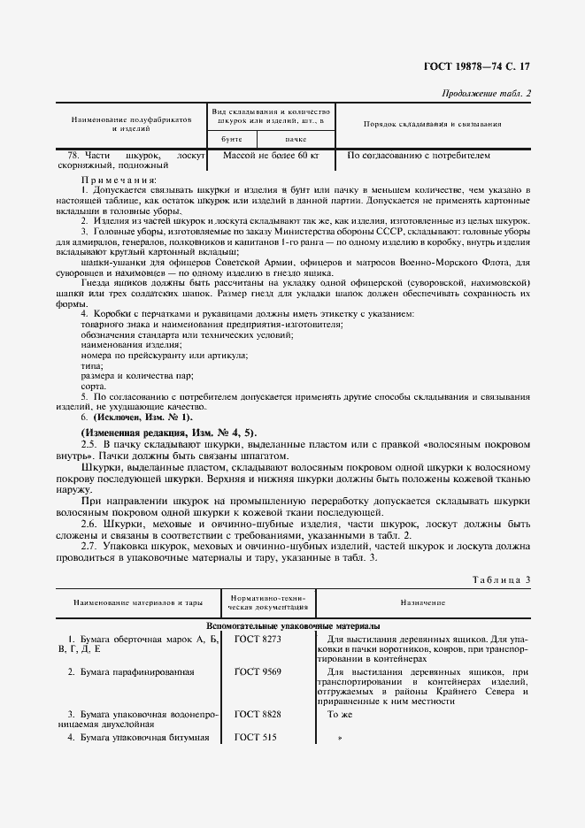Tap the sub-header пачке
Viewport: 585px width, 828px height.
coord(296,139)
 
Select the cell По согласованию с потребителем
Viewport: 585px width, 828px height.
coord(418,156)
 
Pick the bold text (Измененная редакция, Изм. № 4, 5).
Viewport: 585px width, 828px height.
coord(168,431)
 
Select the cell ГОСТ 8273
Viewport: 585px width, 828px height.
coord(258,638)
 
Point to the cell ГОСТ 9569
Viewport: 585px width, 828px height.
coord(258,671)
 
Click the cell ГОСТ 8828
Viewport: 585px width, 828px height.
coord(258,713)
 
